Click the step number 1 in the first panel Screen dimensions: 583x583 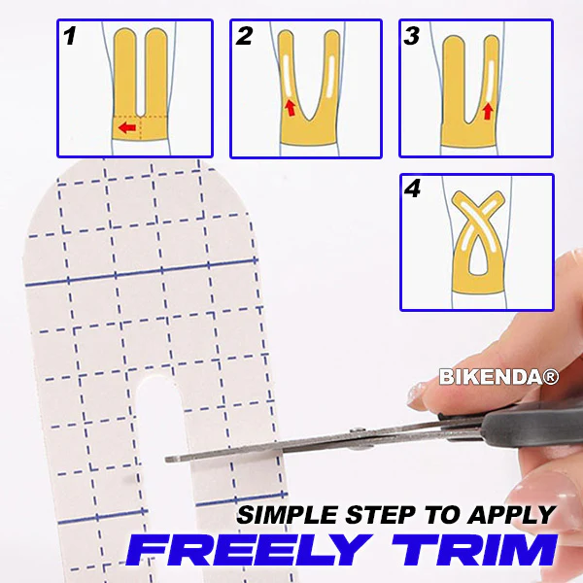click(70, 38)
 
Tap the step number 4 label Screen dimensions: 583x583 click(414, 189)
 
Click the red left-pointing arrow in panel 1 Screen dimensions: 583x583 click(125, 127)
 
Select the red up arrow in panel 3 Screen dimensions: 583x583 click(488, 112)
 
